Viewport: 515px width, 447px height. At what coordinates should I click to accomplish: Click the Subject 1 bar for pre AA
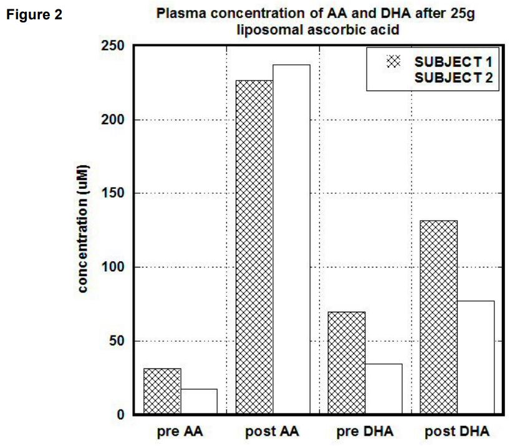click(162, 391)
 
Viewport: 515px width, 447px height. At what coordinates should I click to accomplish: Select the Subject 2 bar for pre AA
click(199, 401)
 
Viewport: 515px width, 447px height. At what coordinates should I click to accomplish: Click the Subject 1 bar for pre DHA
click(347, 362)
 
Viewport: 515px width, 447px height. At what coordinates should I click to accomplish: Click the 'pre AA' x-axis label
click(180, 432)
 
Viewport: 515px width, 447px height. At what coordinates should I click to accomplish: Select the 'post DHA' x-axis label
click(457, 432)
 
